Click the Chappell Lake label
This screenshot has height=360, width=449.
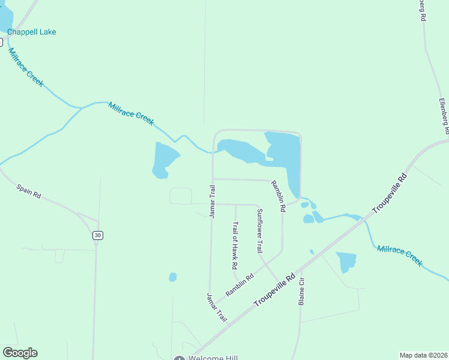31,32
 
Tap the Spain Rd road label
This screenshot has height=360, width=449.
28,191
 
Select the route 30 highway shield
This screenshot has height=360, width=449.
97,235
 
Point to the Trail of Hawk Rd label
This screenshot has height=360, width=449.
235,245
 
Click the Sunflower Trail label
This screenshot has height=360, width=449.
260,230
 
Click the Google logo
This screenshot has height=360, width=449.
20,353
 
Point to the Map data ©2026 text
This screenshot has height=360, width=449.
423,355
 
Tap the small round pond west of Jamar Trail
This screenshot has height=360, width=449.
173,277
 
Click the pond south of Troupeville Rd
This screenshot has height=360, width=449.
346,262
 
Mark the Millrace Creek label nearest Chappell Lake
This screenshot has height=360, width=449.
26,67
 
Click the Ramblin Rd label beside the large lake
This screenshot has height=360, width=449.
277,196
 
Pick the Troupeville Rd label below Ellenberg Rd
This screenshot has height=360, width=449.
390,194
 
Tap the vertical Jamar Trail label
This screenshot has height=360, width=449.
212,202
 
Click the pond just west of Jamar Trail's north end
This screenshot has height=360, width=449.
164,160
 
